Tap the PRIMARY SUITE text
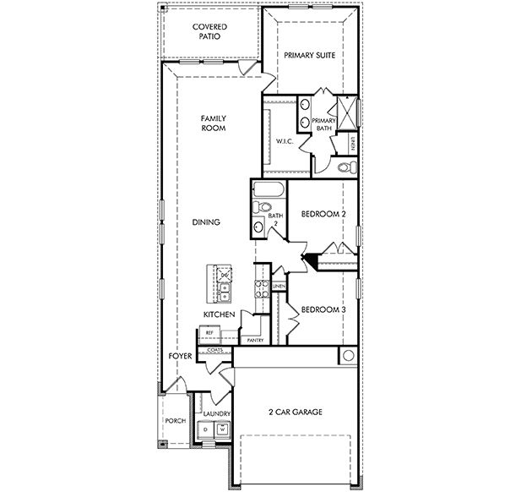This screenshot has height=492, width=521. [310, 55]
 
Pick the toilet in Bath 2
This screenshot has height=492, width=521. [263, 207]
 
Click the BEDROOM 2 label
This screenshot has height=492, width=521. [323, 215]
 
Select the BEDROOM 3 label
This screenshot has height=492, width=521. [323, 309]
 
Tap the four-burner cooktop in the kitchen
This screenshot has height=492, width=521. [262, 292]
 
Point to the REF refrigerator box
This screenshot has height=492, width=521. [210, 333]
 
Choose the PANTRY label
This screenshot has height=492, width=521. [255, 340]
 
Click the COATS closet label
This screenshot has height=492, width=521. [214, 348]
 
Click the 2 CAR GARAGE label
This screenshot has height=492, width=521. [296, 413]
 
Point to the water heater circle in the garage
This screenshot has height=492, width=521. [347, 356]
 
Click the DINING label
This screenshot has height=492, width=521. [206, 222]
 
